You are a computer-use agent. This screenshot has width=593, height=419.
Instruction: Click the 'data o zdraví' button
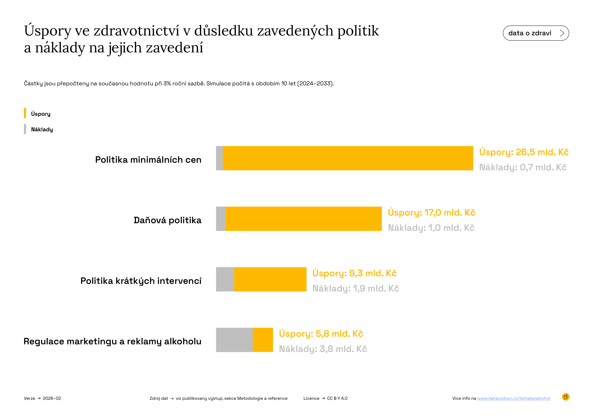[536, 33]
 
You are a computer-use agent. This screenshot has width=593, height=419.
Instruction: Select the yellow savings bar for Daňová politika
[304, 219]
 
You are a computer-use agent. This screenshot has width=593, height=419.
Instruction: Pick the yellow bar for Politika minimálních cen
[348, 158]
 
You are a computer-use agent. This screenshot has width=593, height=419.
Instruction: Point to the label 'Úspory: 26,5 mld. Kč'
[524, 152]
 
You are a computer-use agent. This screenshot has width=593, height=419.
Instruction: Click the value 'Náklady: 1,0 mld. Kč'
[431, 228]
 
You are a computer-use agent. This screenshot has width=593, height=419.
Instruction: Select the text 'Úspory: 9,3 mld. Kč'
[354, 273]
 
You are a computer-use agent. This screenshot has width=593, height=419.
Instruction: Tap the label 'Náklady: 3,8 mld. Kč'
[323, 349]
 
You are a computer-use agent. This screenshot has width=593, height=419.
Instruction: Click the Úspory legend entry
[41, 114]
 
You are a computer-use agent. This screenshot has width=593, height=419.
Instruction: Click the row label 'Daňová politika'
[167, 220]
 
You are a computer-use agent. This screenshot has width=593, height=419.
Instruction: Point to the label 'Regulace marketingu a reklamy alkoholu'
[112, 341]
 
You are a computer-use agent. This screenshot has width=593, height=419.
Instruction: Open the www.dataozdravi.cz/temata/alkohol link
[514, 398]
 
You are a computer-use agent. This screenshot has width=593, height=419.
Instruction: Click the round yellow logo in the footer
[566, 397]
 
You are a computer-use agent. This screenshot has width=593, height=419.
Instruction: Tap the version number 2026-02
[52, 398]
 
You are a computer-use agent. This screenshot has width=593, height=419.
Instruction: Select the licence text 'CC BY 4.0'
[337, 398]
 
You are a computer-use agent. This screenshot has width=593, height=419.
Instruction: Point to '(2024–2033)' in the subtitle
[315, 84]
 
